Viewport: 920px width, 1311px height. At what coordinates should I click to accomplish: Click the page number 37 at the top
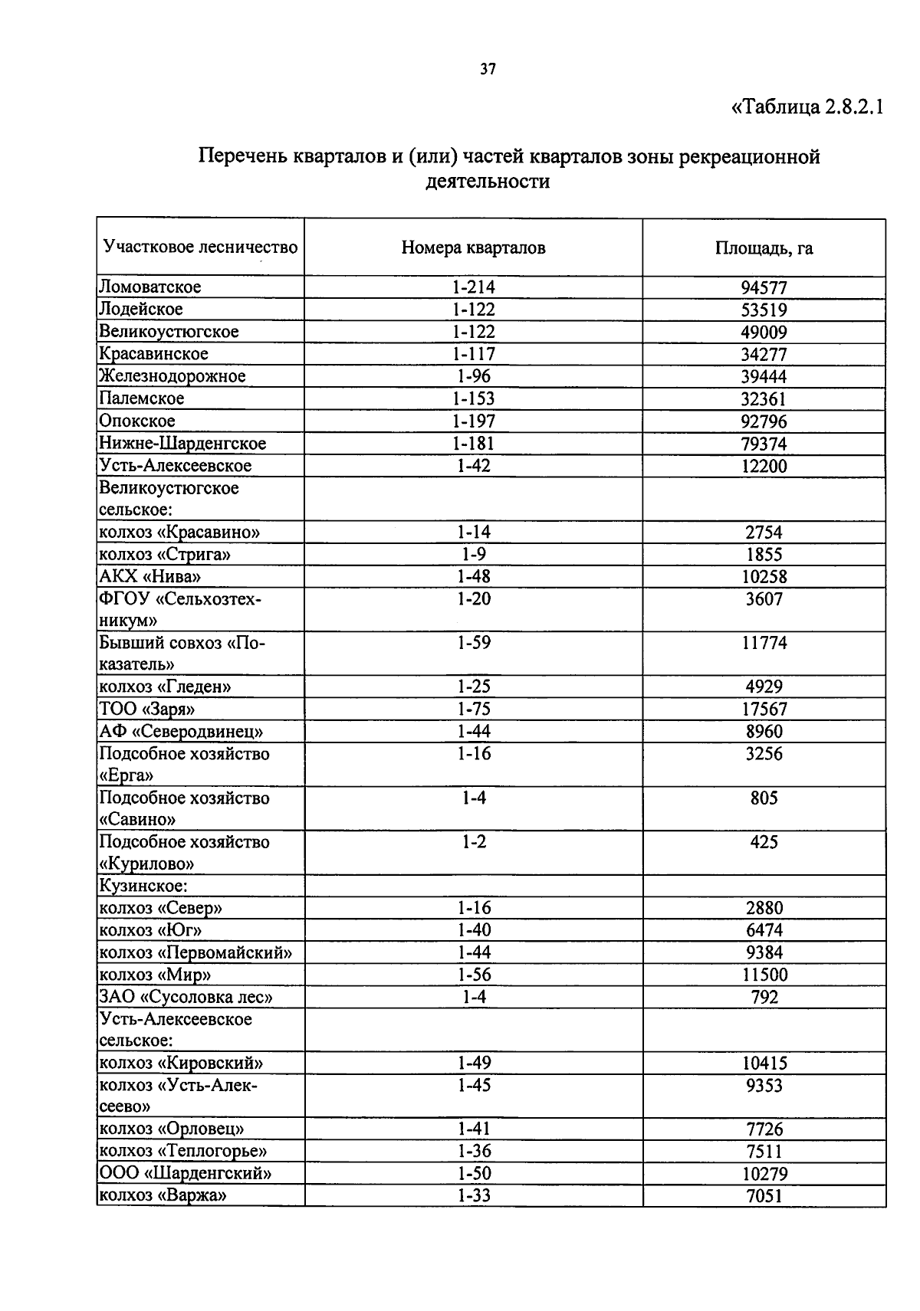point(488,70)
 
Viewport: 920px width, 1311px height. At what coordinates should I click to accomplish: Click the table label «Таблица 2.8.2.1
point(808,107)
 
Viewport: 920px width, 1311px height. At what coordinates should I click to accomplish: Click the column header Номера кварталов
point(473,247)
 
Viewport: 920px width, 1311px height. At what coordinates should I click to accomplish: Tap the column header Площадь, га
point(764,247)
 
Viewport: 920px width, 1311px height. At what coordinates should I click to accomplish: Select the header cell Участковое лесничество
point(200,247)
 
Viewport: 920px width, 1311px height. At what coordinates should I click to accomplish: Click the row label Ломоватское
point(149,287)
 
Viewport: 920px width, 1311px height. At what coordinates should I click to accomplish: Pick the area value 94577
point(764,288)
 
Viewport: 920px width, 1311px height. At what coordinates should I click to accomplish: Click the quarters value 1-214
point(473,287)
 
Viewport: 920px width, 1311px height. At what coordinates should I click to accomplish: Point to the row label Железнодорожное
point(172,376)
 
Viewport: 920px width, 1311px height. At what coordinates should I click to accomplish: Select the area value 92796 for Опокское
point(764,421)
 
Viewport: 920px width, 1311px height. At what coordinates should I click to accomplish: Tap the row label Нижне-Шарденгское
point(182,444)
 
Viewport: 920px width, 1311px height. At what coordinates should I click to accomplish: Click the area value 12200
point(764,466)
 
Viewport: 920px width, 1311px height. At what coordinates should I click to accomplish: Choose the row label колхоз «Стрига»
point(164,555)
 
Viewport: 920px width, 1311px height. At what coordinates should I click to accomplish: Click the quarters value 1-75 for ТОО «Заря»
point(473,710)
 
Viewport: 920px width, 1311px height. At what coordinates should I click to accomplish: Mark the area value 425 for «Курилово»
point(764,842)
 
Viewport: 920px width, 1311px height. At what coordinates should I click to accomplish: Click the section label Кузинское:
point(143,887)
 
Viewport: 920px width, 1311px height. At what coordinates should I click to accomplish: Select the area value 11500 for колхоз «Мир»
point(764,975)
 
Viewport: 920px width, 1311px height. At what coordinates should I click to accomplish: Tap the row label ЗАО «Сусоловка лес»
point(186,997)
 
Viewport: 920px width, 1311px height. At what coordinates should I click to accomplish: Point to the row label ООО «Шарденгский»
point(186,1173)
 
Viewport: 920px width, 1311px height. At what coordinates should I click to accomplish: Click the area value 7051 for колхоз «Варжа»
point(764,1196)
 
